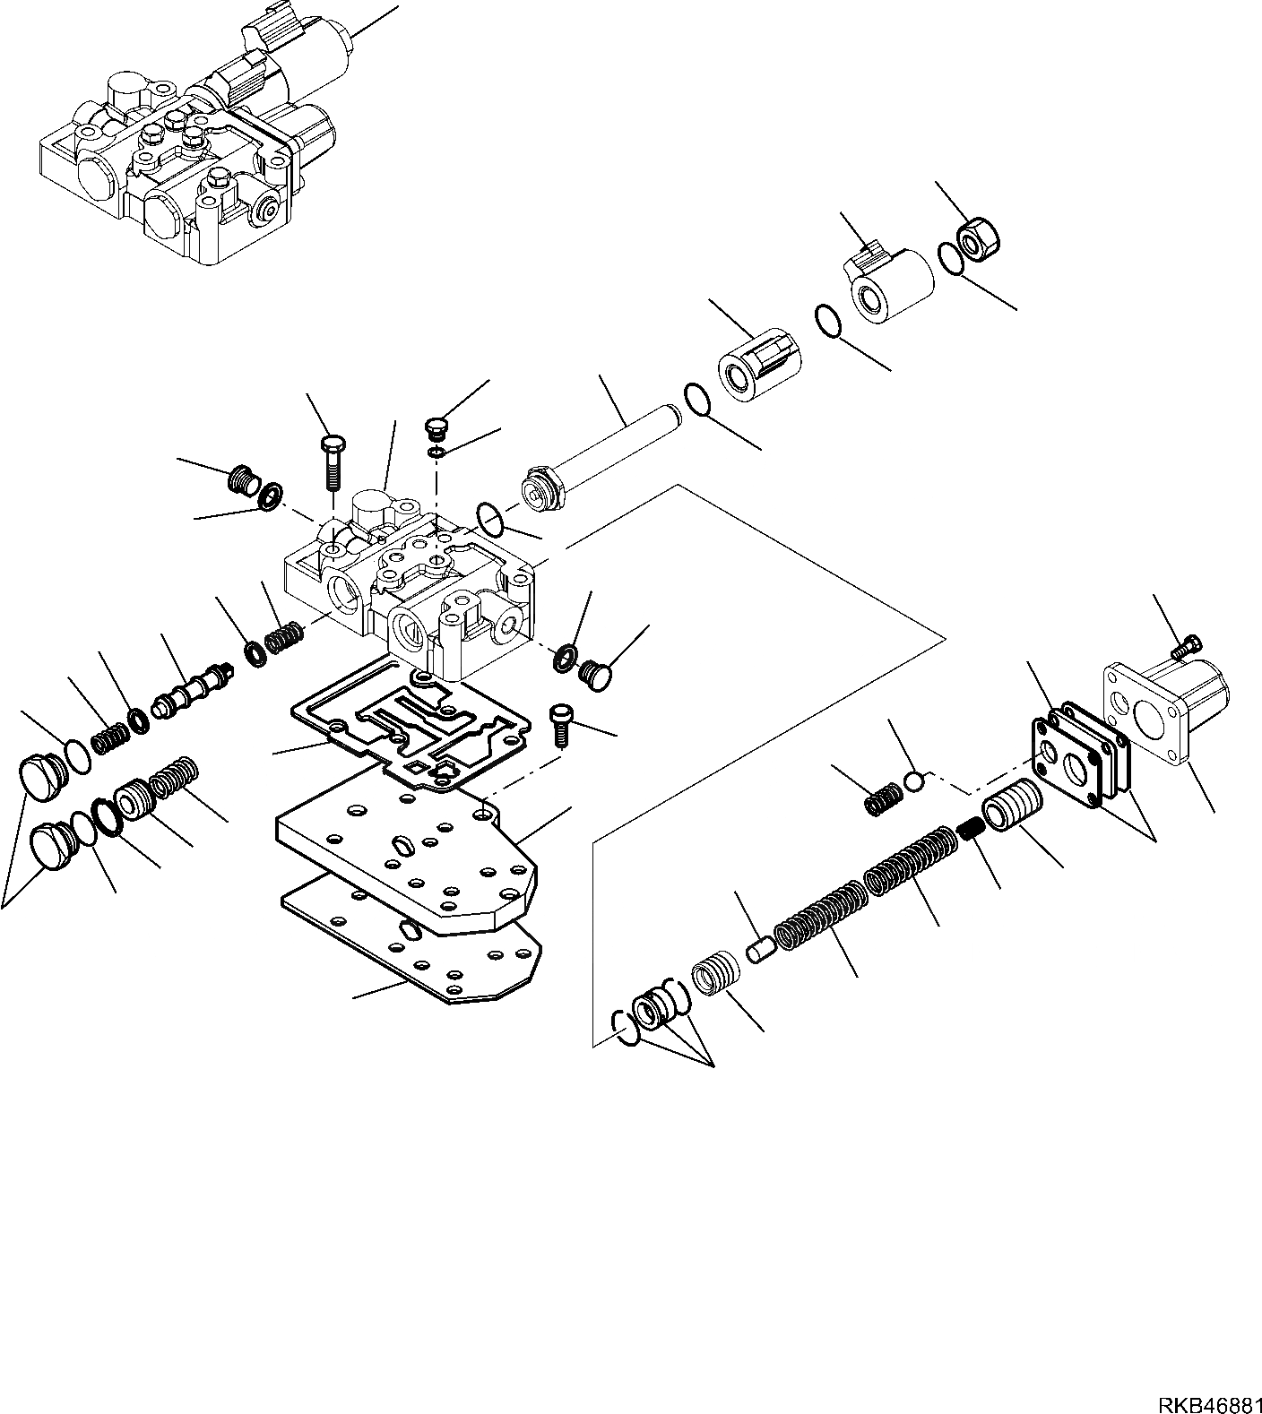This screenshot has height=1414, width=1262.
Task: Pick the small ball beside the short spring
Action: (913, 781)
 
